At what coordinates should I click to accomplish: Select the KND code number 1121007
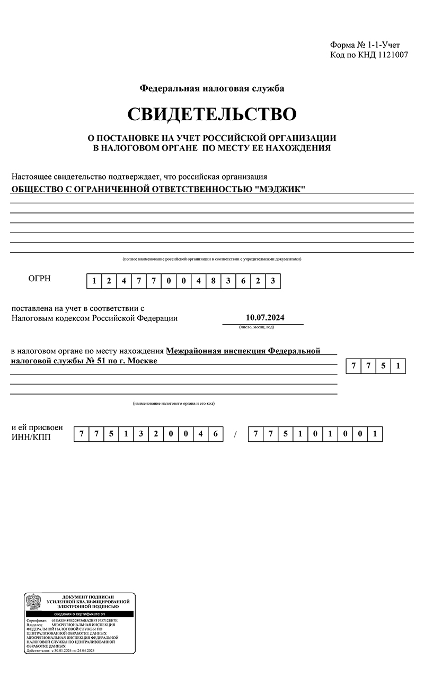point(393,55)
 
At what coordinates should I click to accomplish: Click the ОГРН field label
point(39,279)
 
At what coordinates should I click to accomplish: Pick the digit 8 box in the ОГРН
point(213,281)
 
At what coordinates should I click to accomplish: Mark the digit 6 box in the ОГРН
point(243,281)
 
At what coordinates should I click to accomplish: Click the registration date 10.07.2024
point(266,318)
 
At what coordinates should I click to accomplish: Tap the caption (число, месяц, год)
point(257,327)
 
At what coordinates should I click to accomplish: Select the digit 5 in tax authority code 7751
point(383,366)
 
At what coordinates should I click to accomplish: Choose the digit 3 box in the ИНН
point(141,434)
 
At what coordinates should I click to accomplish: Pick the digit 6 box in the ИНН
point(215,434)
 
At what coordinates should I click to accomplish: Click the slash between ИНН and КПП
point(236,435)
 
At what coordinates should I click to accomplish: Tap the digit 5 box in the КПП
point(286,434)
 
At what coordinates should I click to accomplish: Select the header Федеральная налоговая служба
point(212,88)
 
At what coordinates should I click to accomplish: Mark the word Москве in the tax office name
point(143,361)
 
